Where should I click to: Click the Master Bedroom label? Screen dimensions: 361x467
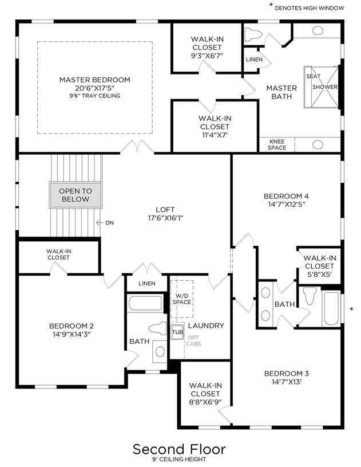pyautogui.click(x=94, y=80)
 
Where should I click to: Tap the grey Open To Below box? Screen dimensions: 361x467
pyautogui.click(x=76, y=195)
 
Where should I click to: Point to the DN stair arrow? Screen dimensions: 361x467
pyautogui.click(x=100, y=222)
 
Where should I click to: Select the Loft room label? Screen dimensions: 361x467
pyautogui.click(x=165, y=210)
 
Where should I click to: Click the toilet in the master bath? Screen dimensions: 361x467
pyautogui.click(x=253, y=34)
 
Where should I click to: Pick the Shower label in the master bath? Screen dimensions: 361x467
pyautogui.click(x=325, y=87)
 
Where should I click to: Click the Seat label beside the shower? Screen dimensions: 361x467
pyautogui.click(x=313, y=76)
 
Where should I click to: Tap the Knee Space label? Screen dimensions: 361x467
pyautogui.click(x=277, y=144)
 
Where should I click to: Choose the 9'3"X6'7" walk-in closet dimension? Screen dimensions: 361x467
pyautogui.click(x=207, y=56)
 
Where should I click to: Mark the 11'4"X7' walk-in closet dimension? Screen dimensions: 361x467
pyautogui.click(x=215, y=135)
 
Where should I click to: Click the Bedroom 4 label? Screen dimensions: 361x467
pyautogui.click(x=286, y=197)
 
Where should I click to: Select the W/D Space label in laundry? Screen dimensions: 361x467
pyautogui.click(x=182, y=299)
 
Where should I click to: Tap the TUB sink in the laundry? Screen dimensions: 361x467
pyautogui.click(x=177, y=332)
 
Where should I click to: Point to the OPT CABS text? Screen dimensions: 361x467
pyautogui.click(x=193, y=341)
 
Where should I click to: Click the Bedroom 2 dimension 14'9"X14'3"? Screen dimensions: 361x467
pyautogui.click(x=72, y=335)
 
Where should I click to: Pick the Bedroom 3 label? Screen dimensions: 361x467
pyautogui.click(x=287, y=374)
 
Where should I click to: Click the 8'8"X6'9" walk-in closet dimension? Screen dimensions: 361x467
pyautogui.click(x=205, y=402)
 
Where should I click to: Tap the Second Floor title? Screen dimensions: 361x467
pyautogui.click(x=179, y=449)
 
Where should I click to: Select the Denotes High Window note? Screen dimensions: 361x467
pyautogui.click(x=310, y=9)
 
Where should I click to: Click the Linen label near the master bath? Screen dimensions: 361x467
pyautogui.click(x=254, y=60)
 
